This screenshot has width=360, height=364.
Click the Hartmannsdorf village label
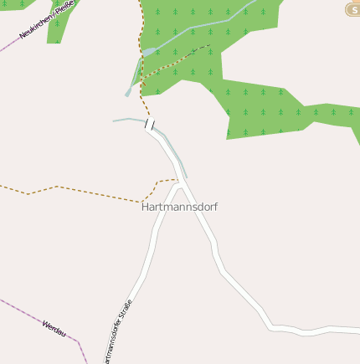point(179,207)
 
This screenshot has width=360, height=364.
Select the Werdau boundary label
point(54,326)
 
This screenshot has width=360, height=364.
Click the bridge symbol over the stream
point(150,125)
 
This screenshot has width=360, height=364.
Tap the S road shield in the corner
point(353,9)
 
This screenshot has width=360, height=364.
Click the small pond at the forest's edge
point(148,52)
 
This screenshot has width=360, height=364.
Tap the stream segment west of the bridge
point(127,120)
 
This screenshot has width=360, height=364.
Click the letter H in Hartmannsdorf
point(146,207)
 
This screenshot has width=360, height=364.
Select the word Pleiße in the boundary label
point(65,9)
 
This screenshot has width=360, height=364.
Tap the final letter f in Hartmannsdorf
point(215,207)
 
